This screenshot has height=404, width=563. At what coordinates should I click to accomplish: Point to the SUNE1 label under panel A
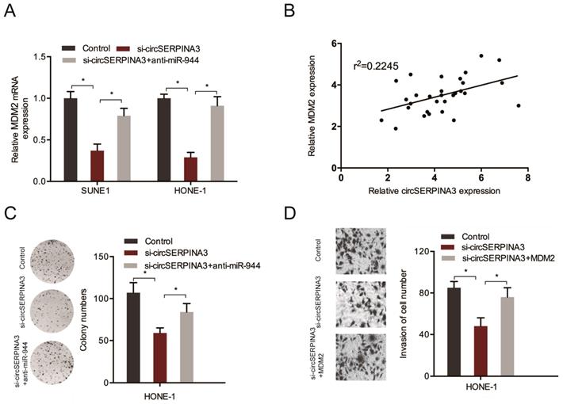pos(97,192)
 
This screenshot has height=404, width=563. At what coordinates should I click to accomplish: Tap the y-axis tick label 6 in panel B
pos(333,44)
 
